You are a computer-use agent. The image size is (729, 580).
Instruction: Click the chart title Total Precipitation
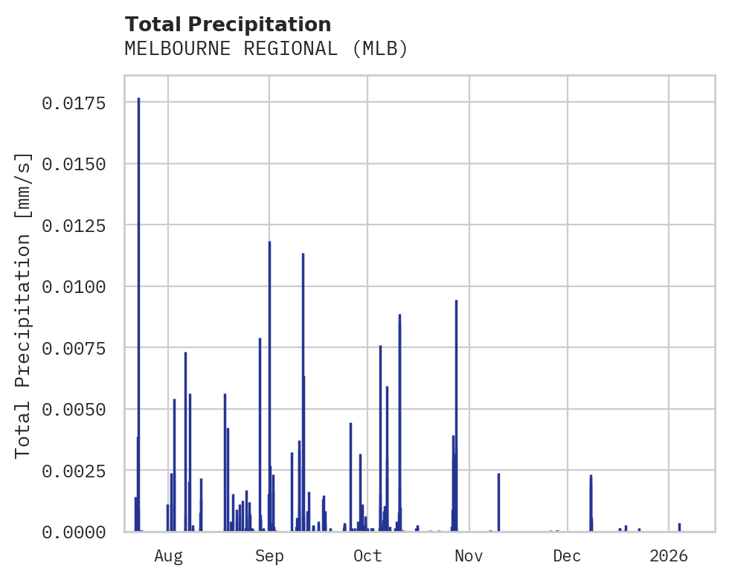click(228, 25)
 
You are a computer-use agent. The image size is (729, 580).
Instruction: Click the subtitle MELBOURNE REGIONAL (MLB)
click(266, 49)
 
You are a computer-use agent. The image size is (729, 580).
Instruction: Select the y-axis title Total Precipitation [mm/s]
click(24, 305)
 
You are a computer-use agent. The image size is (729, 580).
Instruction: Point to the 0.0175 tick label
click(72, 103)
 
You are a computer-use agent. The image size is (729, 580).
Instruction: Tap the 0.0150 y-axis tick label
click(72, 164)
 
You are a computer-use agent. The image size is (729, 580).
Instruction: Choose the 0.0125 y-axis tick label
click(72, 225)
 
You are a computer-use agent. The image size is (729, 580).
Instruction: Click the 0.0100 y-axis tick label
click(72, 287)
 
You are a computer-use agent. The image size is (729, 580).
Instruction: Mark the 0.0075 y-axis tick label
click(72, 349)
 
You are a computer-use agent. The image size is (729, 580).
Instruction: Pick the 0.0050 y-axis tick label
click(72, 410)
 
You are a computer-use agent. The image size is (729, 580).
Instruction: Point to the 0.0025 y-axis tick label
click(72, 471)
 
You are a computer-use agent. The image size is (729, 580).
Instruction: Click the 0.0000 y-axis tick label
click(72, 532)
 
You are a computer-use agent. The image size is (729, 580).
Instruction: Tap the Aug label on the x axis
click(168, 556)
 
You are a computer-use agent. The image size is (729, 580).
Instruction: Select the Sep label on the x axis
click(269, 556)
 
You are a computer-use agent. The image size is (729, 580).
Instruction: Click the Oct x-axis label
click(367, 556)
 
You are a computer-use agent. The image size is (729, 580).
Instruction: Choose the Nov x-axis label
click(469, 556)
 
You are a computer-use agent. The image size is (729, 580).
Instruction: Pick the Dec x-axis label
click(568, 556)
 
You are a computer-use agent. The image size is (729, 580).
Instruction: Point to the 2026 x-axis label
click(669, 556)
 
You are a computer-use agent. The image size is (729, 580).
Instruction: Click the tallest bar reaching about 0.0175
click(138, 312)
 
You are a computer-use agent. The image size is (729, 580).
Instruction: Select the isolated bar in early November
click(498, 503)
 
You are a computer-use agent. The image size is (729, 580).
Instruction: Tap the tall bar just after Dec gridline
click(591, 503)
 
